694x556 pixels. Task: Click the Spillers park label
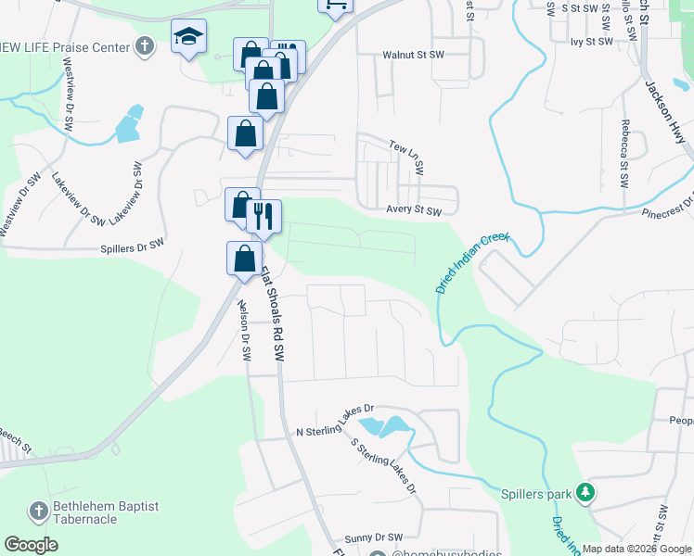coord(536,494)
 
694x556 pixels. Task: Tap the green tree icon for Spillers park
coord(585,492)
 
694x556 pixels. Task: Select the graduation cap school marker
coord(188,38)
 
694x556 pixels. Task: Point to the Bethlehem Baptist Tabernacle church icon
coord(38,511)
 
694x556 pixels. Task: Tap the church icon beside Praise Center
coord(144,45)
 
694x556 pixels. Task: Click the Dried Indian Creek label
coord(472,263)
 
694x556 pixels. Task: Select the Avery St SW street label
coord(414,210)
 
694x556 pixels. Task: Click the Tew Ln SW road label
coord(406,158)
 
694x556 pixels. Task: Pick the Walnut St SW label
coord(415,56)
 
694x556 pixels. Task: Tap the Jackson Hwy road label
coord(669,119)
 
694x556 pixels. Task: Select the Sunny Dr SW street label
coord(375,537)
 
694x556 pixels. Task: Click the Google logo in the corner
coord(32,545)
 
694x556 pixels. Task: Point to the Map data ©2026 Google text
coord(636,549)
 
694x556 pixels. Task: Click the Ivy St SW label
coord(592,42)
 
